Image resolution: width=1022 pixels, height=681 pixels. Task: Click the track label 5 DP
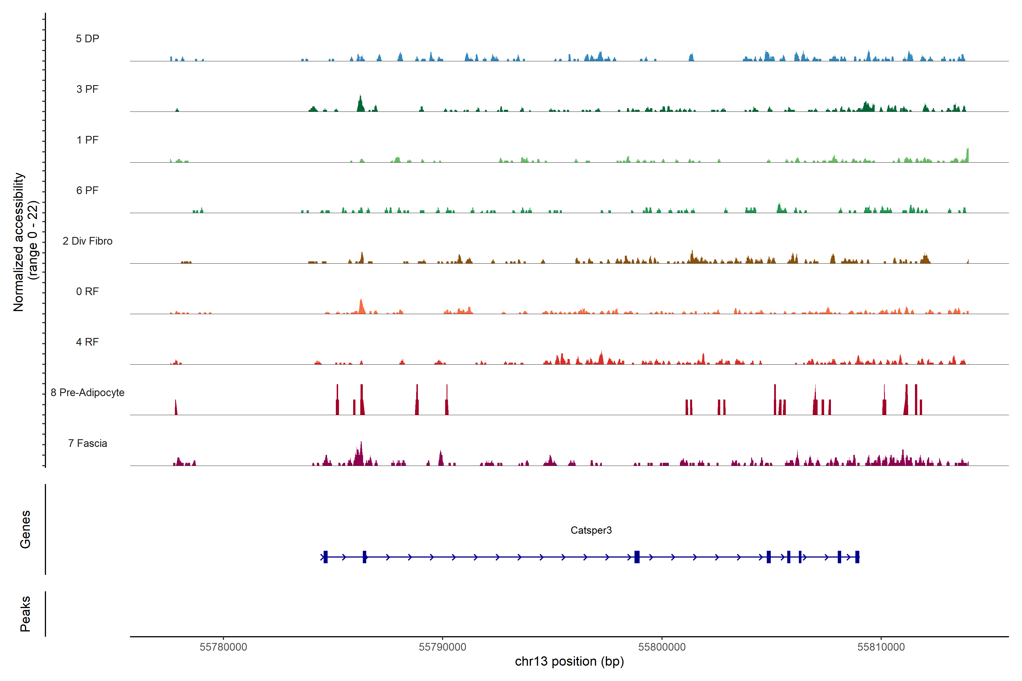coord(87,39)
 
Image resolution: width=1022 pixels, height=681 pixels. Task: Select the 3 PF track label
coord(87,89)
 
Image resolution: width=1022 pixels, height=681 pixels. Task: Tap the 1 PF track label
coord(87,140)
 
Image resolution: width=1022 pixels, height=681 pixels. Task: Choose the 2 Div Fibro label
coord(87,241)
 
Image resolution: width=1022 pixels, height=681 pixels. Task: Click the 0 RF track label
coord(87,291)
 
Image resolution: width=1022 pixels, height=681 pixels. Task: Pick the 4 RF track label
coord(87,342)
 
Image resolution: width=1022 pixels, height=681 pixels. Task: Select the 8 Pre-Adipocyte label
coord(87,393)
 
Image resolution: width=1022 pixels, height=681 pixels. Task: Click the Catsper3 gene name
coord(591,530)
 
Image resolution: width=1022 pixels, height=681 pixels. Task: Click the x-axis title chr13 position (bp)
coord(569,661)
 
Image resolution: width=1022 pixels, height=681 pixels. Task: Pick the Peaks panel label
coord(25,614)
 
